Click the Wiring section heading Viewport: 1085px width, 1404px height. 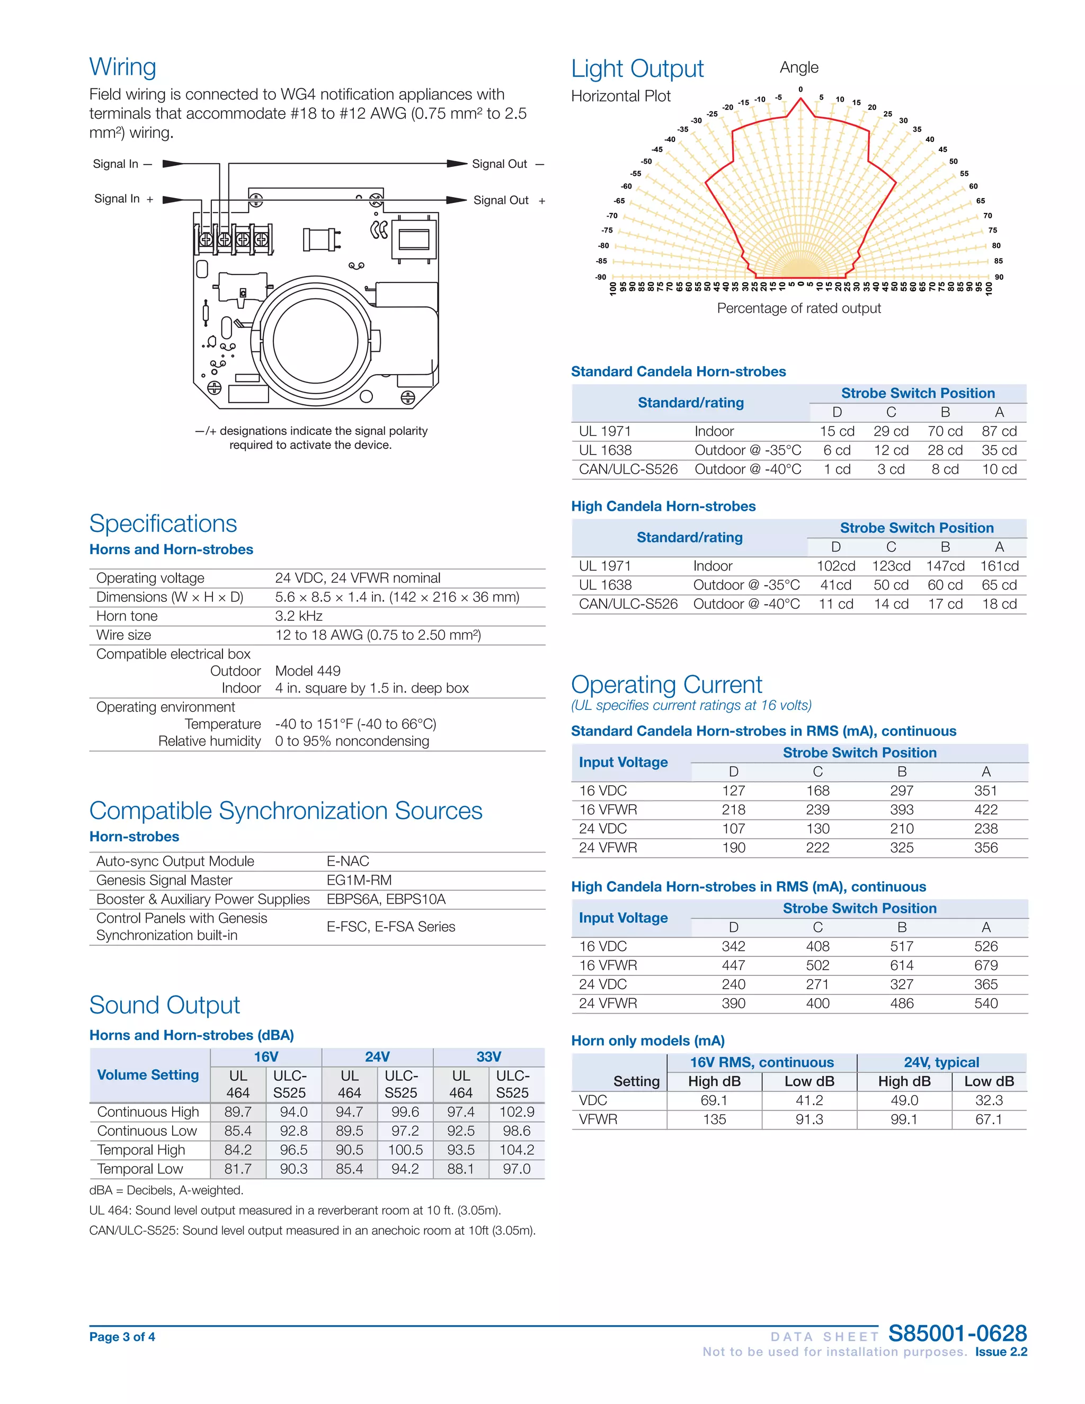123,67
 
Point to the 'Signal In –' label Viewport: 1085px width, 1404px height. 122,164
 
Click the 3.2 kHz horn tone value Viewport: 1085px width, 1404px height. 298,616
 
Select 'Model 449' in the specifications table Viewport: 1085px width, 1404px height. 307,671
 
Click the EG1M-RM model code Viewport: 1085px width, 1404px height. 359,880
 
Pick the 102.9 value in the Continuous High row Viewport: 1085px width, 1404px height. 516,1112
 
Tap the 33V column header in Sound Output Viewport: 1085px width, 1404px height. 488,1057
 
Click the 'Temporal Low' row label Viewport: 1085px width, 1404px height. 139,1169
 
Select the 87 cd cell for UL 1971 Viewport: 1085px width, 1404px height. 999,431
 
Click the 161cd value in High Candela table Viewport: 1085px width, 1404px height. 999,566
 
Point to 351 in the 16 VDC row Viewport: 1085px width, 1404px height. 985,790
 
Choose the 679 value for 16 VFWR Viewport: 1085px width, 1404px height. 985,965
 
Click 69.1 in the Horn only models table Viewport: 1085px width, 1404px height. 714,1100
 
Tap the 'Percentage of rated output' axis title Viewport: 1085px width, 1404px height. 798,308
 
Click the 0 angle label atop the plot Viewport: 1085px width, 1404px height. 801,90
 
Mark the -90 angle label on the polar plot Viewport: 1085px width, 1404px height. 600,277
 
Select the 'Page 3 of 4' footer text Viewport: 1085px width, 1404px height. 122,1337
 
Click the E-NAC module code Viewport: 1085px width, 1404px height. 348,861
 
